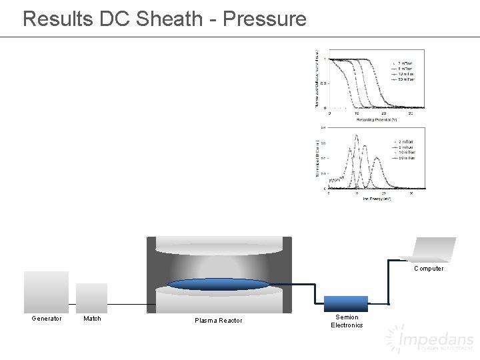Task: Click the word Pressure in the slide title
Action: click(265, 19)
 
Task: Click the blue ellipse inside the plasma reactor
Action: click(219, 285)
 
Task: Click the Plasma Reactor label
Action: click(219, 321)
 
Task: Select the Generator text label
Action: click(47, 319)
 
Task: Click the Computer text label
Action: click(428, 269)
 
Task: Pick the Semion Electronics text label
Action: click(347, 321)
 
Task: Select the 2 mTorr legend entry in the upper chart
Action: click(405, 63)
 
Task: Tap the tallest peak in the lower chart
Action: click(357, 137)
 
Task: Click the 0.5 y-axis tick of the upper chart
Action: click(323, 83)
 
